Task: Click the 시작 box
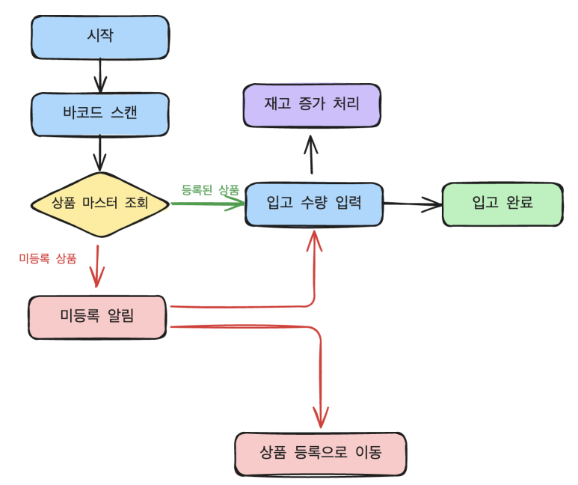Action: [99, 36]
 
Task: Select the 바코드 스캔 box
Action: [99, 114]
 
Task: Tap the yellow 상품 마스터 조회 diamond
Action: [100, 203]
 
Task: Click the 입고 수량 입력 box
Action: [314, 203]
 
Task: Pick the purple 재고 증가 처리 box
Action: [312, 105]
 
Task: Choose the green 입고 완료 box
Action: [502, 203]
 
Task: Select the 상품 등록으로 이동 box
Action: [320, 453]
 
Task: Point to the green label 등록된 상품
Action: [210, 189]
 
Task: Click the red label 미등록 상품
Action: [47, 258]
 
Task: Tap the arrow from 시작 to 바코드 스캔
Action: [99, 74]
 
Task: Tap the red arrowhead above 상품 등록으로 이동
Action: [321, 419]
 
